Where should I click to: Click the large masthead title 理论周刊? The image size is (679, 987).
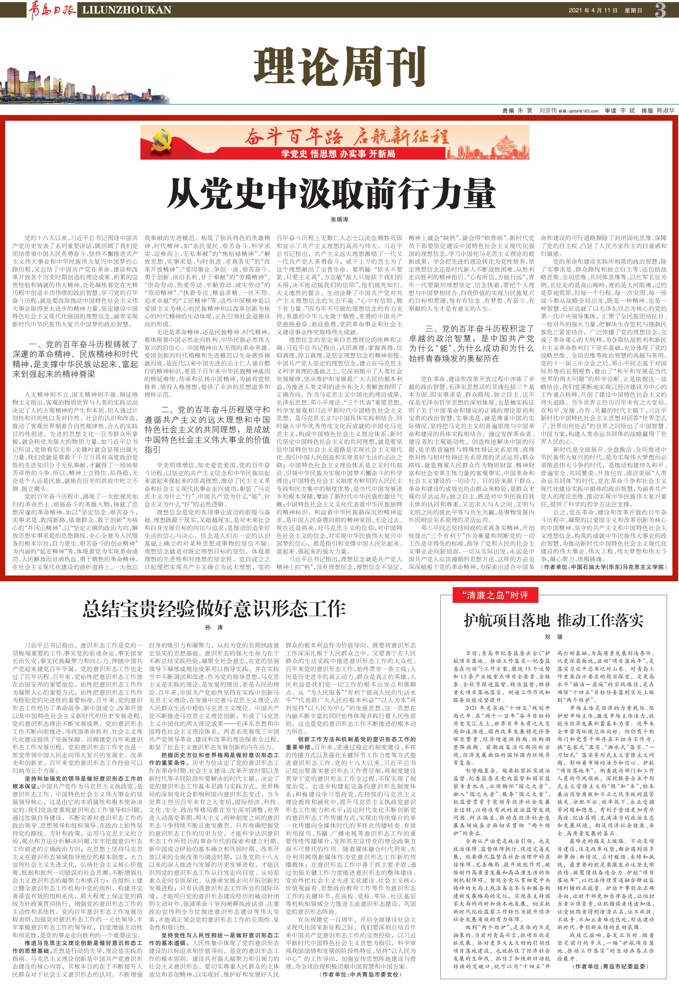click(339, 67)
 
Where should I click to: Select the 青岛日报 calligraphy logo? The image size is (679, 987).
click(52, 9)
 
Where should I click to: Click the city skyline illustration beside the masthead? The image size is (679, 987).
click(85, 85)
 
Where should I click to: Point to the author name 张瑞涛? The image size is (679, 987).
click(339, 220)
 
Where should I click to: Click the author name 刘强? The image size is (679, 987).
click(553, 637)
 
